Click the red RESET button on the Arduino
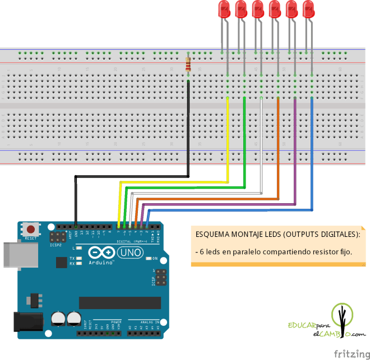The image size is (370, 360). click(31, 230)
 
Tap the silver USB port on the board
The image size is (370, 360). click(16, 255)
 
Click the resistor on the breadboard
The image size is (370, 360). click(188, 66)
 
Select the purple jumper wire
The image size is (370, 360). click(295, 151)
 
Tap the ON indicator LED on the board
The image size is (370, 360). click(149, 258)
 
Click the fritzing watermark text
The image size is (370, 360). click(350, 353)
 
